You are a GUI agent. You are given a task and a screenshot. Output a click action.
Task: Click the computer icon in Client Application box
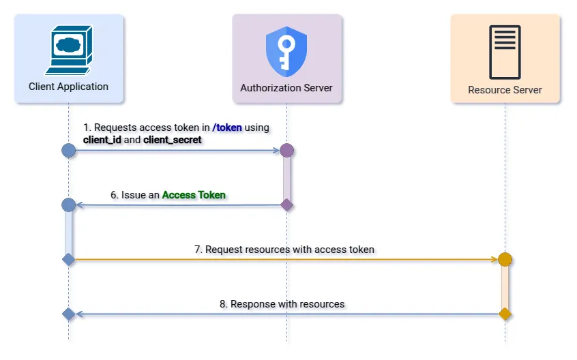68,50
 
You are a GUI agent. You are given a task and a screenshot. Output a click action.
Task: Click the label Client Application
68,87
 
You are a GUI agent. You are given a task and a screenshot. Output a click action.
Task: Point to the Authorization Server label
286,88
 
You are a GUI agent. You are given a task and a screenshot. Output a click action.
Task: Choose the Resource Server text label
505,90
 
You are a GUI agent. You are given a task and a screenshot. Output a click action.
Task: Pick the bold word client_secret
173,139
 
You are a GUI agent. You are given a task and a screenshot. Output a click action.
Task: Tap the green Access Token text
194,195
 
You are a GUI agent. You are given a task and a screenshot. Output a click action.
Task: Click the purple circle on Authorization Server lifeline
286,150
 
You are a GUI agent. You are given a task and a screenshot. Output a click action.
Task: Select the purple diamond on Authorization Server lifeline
286,205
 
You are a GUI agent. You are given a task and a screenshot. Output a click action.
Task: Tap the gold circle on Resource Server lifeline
505,259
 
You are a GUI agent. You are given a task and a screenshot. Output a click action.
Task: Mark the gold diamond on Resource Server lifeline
505,314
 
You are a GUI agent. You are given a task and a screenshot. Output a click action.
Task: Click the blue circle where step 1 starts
68,150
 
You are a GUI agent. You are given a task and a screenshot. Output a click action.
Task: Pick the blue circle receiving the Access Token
68,205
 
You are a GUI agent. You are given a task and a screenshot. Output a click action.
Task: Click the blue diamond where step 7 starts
68,259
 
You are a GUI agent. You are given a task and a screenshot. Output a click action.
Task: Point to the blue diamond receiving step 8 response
68,314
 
